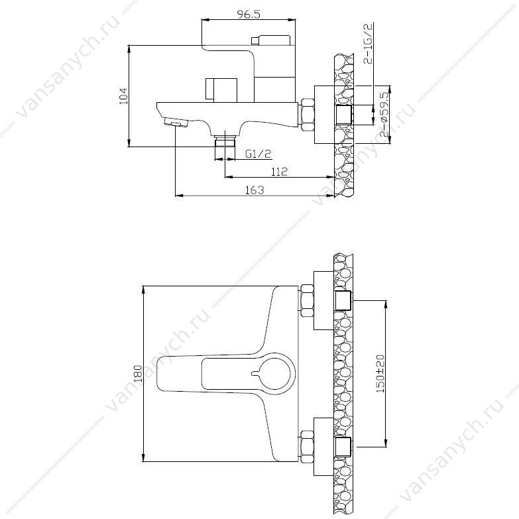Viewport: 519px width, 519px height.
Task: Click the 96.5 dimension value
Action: tap(249, 14)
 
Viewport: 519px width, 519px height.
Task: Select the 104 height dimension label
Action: tap(123, 96)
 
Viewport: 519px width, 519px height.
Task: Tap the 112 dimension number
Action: tap(279, 172)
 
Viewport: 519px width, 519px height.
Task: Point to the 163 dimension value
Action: tap(255, 190)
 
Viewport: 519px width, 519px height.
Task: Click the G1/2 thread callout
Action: tap(259, 154)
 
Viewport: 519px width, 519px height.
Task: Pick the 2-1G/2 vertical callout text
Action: tap(368, 42)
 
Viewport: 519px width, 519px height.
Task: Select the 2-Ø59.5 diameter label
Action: tap(384, 115)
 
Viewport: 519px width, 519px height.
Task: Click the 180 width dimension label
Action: tap(138, 373)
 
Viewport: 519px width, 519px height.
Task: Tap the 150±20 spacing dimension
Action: tap(380, 374)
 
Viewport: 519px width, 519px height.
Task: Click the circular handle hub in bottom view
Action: tap(274, 374)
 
